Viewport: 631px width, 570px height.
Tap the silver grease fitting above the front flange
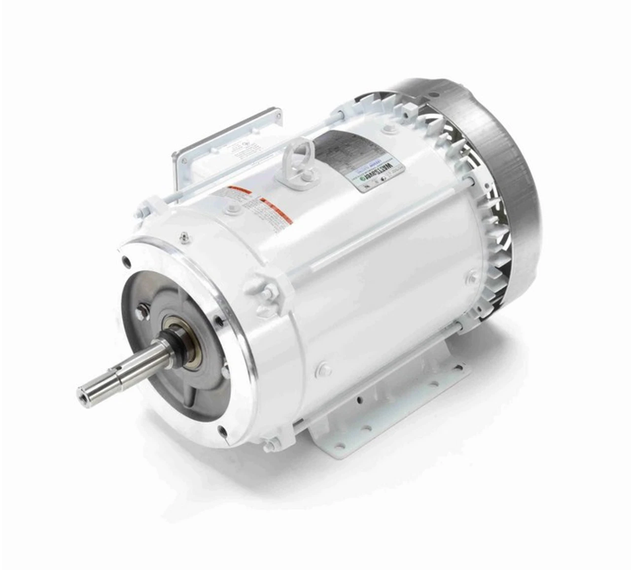click(184, 237)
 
